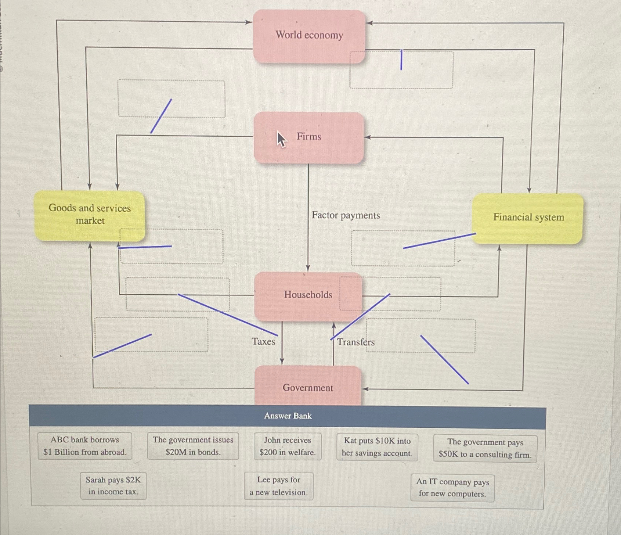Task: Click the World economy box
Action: click(309, 36)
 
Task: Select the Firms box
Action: click(309, 137)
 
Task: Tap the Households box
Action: click(308, 295)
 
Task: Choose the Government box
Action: click(308, 387)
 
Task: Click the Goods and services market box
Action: click(90, 215)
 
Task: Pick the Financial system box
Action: click(528, 218)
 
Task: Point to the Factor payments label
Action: click(346, 215)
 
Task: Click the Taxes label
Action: click(263, 342)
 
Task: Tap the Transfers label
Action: click(356, 342)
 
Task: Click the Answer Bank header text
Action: click(288, 416)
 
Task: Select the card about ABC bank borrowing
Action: click(84, 446)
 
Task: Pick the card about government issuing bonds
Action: click(193, 446)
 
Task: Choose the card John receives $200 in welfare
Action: click(287, 446)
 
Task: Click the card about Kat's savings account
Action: click(377, 447)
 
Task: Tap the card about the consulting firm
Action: click(485, 448)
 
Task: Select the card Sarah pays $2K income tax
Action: click(113, 486)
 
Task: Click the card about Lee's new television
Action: click(278, 486)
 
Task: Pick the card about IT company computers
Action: click(452, 488)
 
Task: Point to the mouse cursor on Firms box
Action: click(281, 139)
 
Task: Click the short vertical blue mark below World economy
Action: click(401, 60)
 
